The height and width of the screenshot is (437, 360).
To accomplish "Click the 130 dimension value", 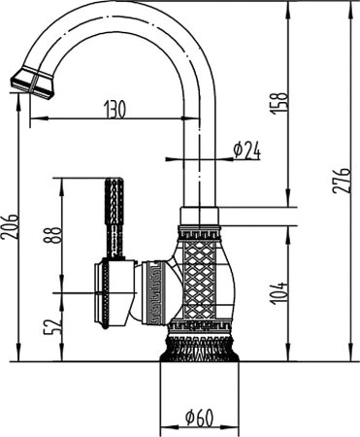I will [115, 109].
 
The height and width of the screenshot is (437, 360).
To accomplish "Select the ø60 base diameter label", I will [200, 420].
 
